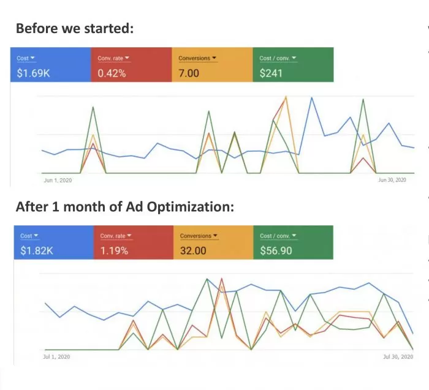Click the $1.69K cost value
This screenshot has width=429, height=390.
33,73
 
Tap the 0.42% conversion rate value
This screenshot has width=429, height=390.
112,73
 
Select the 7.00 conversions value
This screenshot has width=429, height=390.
189,73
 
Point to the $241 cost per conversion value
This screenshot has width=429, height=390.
271,73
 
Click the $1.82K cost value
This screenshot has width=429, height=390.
37,250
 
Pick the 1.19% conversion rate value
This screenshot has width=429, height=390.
114,250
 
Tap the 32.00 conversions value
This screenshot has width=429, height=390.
193,250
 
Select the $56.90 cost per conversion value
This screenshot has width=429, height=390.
276,250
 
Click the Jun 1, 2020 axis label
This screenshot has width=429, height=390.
58,181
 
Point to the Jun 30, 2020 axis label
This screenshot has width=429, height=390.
392,180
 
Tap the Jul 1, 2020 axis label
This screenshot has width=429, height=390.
56,357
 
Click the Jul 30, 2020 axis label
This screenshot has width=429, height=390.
398,357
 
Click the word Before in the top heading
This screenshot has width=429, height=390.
37,28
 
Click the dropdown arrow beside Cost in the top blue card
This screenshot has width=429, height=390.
32,58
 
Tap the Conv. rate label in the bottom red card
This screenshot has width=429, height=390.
113,236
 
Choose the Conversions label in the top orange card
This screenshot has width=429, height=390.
194,58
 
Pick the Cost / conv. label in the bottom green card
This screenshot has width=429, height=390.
275,236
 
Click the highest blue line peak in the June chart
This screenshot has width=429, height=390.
311,97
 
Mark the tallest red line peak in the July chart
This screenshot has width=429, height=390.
221,279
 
